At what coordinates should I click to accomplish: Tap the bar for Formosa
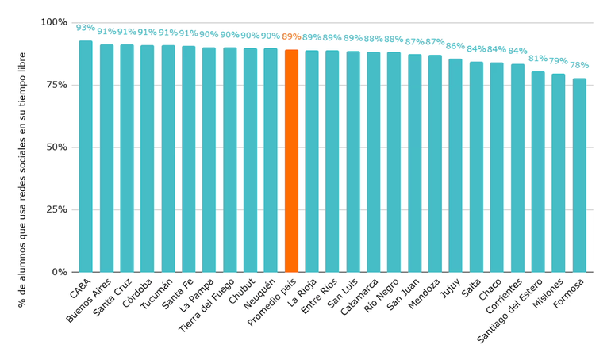pos(579,175)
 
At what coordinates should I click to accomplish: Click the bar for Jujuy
pos(455,166)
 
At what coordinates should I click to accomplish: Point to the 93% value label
pos(86,28)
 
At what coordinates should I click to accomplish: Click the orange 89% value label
pos(291,36)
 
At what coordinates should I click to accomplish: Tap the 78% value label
pos(579,65)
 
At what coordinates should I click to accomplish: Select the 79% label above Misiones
pos(559,61)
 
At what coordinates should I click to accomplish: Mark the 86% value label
pos(455,46)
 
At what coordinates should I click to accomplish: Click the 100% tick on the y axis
pos(54,22)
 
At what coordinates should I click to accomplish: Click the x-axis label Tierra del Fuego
pos(209,304)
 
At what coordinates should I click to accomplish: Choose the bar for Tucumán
pos(168,159)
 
